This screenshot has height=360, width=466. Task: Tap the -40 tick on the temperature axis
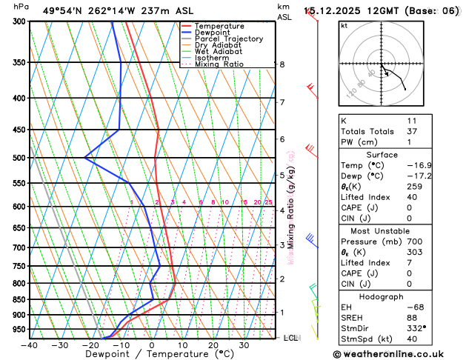29,344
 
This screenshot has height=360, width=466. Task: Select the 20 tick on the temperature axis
213,344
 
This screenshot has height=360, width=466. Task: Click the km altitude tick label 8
282,64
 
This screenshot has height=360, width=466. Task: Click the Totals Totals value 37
412,131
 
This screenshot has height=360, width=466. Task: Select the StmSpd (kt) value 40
412,340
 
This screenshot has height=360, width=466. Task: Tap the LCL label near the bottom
290,338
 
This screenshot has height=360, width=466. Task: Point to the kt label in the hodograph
344,26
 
